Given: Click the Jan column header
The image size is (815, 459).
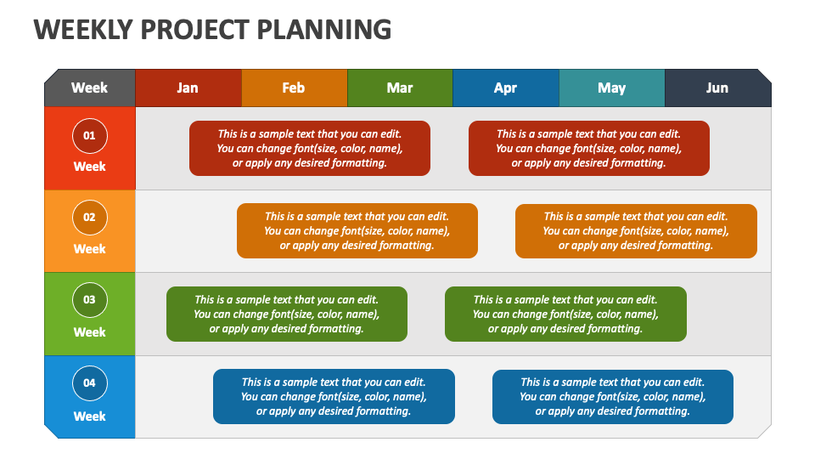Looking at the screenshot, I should coord(188,88).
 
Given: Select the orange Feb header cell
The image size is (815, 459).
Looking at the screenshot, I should coord(294,88).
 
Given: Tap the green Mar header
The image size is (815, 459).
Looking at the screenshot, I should coord(400,88).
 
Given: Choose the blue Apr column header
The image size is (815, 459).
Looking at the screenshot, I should coord(505,88).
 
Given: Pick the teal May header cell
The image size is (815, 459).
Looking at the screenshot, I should coord(611,88).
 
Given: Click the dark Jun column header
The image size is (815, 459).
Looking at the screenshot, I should coord(717,88).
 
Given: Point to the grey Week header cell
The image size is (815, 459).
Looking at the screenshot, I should coord(89,88).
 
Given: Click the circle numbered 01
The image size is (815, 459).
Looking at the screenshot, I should coord(89,135).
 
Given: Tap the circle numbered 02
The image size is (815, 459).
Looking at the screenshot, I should coord(89,218).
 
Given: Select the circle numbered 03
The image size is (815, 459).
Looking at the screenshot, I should coord(89,299).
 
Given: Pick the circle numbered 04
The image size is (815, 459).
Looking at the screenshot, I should coord(89,382).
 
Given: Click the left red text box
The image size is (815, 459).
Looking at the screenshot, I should coord(309,148).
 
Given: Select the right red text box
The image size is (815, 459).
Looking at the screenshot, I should coord(588,148).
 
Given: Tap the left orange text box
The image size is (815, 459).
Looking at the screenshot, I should coord(357,230).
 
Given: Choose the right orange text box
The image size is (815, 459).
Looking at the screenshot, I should coord(636,230).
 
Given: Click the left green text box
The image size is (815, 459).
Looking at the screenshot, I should coord(286,314).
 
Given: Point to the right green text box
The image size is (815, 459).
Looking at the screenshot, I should coord(565,314).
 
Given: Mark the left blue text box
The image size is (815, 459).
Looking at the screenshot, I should coord(334,396).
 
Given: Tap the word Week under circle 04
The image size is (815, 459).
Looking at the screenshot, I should coord(89,416).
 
